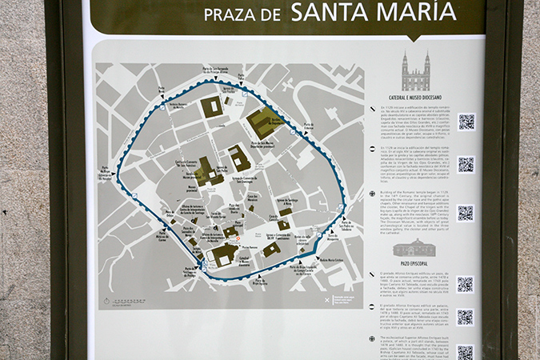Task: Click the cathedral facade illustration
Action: tap(416, 74)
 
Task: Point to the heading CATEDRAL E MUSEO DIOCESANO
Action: tap(417, 98)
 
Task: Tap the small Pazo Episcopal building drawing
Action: tap(416, 248)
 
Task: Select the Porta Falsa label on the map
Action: tap(162, 90)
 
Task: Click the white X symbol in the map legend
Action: tap(326, 300)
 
